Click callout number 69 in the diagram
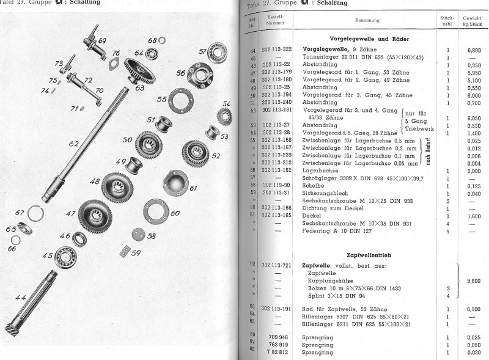(102, 41)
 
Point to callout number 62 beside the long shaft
(74, 144)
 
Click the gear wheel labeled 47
(90, 219)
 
